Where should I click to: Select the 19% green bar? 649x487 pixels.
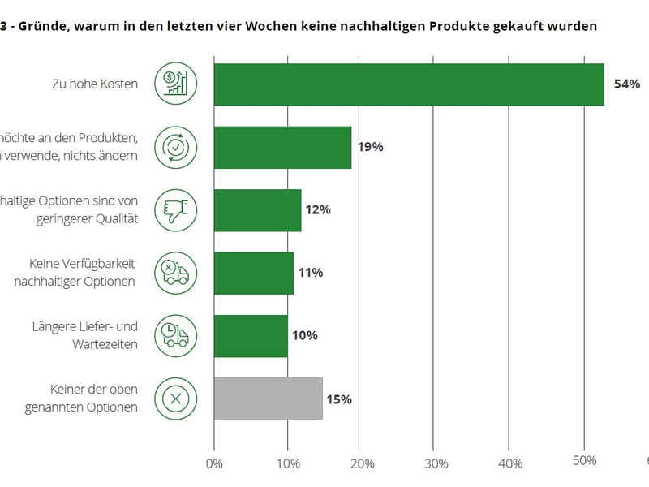coord(282,147)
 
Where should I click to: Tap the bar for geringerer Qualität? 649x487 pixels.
coord(257,210)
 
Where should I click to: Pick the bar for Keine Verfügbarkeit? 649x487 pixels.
coord(253,273)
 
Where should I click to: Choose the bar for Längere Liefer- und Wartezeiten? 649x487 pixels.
coord(251,336)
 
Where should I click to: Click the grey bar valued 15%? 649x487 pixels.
coord(269,399)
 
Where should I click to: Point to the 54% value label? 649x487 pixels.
coord(627,84)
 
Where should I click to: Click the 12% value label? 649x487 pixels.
coord(318,210)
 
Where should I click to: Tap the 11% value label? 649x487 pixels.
coord(311,273)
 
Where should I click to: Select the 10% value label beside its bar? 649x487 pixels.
coord(305,336)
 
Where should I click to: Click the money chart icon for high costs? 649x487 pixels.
coord(175,84)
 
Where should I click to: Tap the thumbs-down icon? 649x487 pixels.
coord(175,209)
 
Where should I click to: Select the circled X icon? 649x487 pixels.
coord(175,399)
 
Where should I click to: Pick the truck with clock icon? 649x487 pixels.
coord(175,335)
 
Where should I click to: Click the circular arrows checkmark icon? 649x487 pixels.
coord(175,147)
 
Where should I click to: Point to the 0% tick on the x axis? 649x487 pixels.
coord(214,463)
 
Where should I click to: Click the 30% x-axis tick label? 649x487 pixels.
coord(436,463)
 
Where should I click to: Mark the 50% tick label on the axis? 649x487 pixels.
coord(584,461)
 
